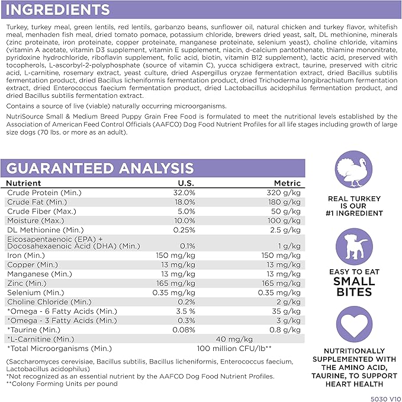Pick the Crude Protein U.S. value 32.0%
[x=184, y=193]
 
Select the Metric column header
[x=287, y=183]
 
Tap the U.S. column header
[x=186, y=183]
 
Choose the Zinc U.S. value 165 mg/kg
[x=177, y=284]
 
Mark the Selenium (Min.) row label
[x=36, y=293]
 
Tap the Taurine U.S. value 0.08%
[x=183, y=330]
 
